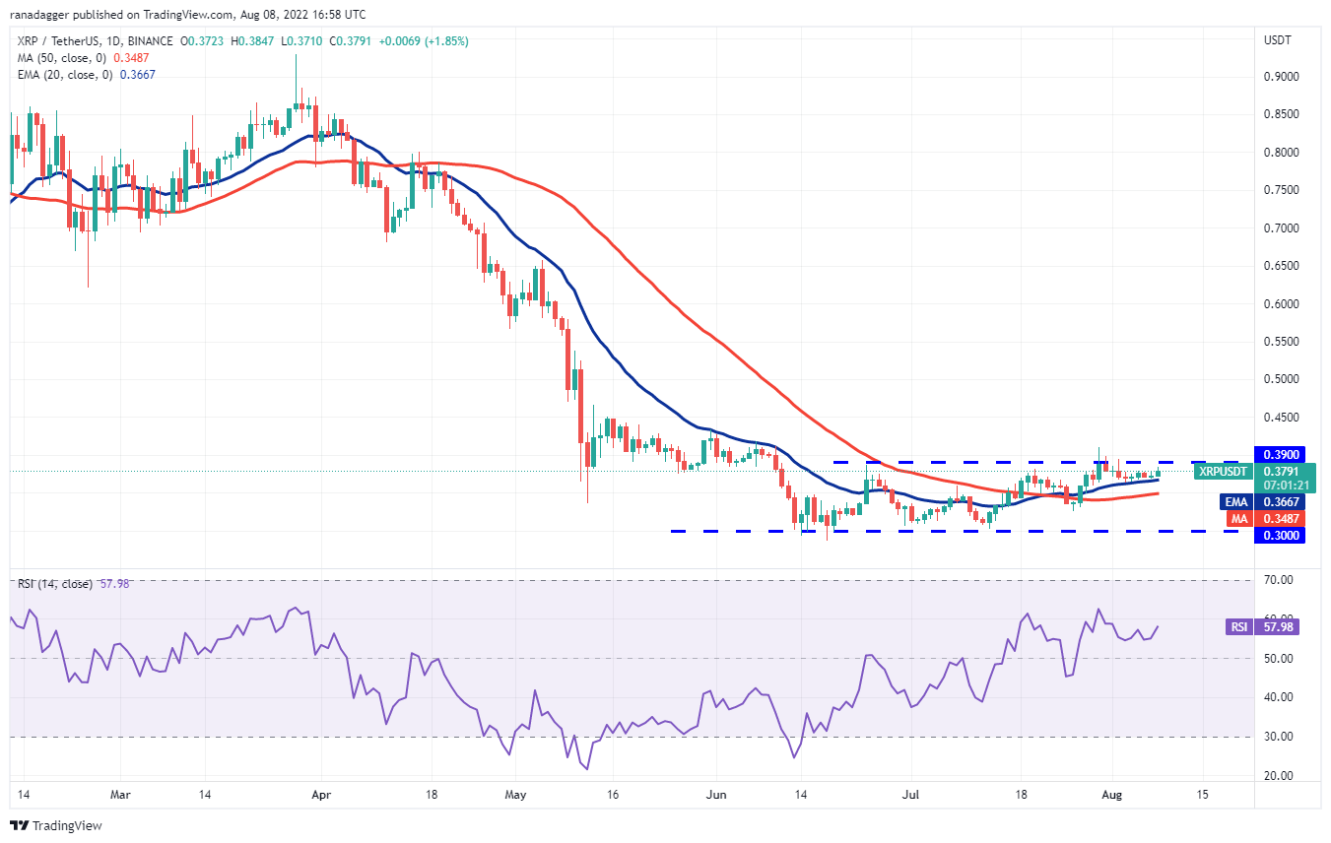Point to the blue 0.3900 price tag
1278,455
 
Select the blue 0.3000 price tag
1278,536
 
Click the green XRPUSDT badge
1222,472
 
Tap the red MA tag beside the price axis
1237,518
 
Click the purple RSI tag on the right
1237,626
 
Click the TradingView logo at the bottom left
57,825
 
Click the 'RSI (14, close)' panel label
55,584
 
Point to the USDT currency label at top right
1277,40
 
